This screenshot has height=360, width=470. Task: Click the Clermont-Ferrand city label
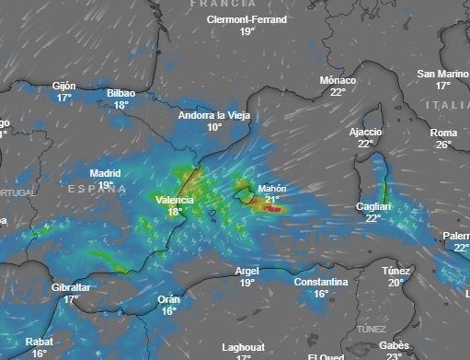pos(246,19)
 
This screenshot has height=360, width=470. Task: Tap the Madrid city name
pos(105,173)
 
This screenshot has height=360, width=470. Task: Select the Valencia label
pos(175,200)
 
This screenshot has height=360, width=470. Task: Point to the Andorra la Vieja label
pos(214,116)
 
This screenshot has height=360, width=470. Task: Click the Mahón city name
pos(272,189)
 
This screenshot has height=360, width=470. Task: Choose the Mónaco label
pos(338,80)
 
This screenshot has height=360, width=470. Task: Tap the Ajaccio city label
pos(365,132)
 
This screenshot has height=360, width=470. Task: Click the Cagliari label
pos(373,207)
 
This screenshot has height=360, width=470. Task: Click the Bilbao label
pos(120,93)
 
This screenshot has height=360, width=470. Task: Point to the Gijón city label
pos(63,86)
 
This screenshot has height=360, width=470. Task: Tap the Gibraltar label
pos(71,287)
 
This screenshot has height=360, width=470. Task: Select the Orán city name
pos(168,299)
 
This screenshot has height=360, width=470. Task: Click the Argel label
pos(246,271)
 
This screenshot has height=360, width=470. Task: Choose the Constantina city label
pos(321,282)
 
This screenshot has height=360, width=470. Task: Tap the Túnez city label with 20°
pos(395,271)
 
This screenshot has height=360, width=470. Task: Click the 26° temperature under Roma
pos(443,145)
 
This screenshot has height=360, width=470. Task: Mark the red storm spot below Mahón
pos(272,210)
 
